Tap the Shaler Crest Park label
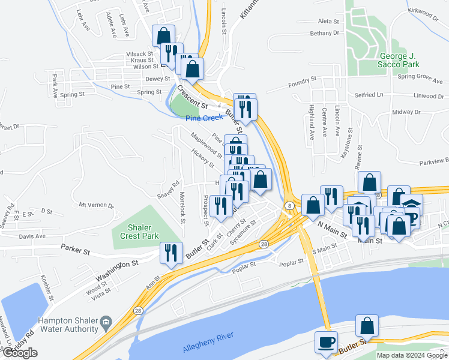pos(134,232)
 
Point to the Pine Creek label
pos(204,118)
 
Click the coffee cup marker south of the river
pos(327,341)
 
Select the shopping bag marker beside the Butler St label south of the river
pos(367,326)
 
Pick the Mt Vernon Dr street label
pos(96,205)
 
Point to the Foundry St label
pos(302,80)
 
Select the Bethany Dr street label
pos(325,34)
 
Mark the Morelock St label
pos(182,204)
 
